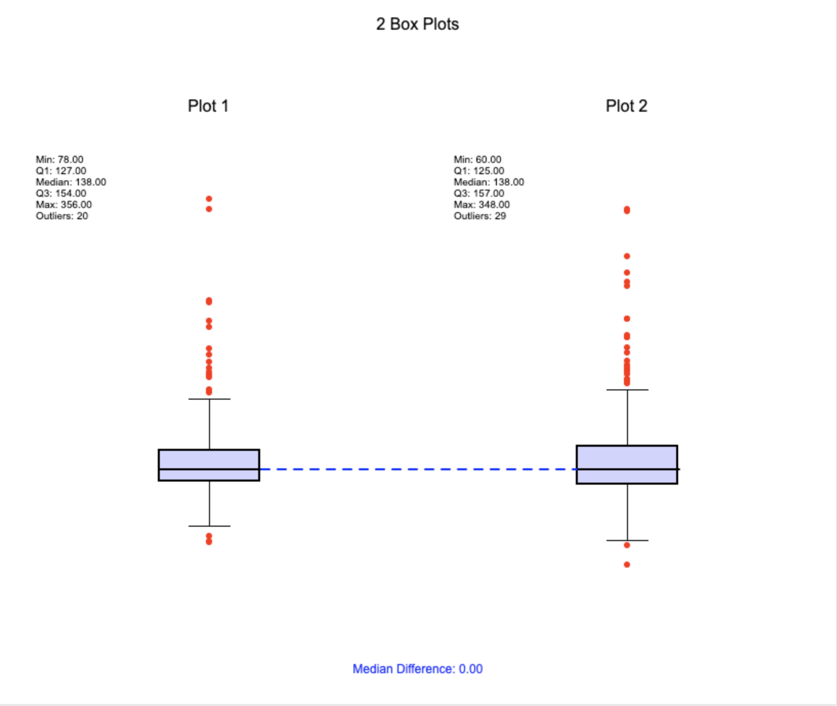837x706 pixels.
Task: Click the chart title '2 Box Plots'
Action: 417,24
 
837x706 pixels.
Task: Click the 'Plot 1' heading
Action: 208,106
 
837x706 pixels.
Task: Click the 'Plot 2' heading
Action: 626,106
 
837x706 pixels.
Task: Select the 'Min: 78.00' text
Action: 59,159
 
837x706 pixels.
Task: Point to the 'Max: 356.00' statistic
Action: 64,204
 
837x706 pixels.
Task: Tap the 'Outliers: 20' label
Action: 62,216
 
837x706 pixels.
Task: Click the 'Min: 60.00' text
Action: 477,159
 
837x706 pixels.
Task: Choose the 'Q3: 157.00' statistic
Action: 479,193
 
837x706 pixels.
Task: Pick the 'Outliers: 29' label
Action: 480,216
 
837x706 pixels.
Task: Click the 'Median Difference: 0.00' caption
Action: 417,669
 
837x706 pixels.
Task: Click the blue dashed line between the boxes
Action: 418,469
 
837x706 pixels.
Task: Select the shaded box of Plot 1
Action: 209,465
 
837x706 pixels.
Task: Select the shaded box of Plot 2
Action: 627,465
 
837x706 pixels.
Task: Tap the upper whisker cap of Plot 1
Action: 210,399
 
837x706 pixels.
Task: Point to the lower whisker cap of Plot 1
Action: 210,526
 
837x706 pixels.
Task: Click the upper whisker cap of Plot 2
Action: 627,389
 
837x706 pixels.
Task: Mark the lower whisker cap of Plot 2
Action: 627,540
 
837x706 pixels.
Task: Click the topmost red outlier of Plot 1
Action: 209,199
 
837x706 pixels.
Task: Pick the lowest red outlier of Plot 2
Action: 627,565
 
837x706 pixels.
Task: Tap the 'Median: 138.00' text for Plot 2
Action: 489,182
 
